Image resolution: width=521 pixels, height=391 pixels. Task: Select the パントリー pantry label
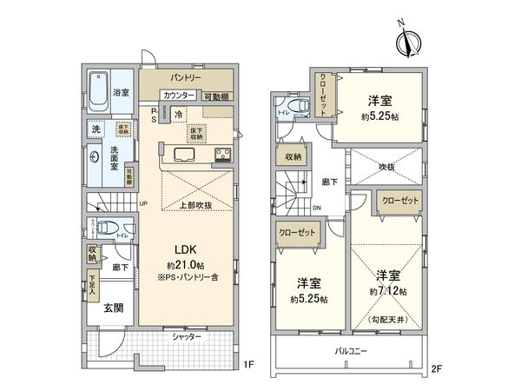[187, 78]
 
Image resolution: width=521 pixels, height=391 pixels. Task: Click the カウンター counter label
[179, 96]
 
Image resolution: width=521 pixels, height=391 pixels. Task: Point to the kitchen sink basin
[185, 156]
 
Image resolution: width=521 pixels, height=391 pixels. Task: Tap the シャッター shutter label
[187, 336]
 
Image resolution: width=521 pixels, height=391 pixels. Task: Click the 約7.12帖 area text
[387, 291]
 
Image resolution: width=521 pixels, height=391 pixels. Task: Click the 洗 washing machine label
[95, 129]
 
